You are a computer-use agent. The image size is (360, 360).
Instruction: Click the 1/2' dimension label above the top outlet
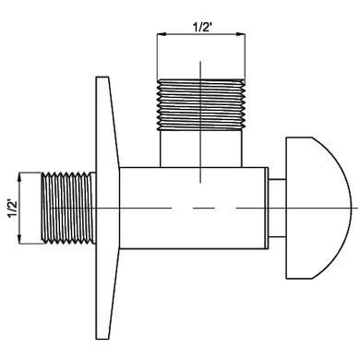[x=203, y=28]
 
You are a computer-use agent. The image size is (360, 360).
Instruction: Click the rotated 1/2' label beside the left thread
[x=13, y=209]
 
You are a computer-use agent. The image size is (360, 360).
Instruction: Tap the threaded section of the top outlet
[x=201, y=104]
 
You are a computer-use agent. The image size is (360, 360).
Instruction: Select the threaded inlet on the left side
[x=68, y=209]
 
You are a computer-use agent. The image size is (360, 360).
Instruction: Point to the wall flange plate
[x=106, y=208]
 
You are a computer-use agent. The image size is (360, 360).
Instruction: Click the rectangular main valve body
[x=192, y=208]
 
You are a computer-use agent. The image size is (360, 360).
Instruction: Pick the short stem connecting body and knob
[x=278, y=208]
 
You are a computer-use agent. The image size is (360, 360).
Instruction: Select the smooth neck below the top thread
[x=201, y=149]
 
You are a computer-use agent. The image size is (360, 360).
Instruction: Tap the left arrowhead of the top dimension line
[x=161, y=33]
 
